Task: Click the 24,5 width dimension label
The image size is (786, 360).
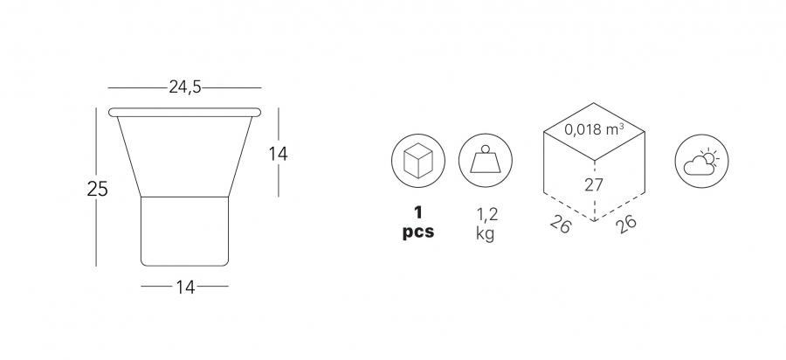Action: click(x=185, y=87)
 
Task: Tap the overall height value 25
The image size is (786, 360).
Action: click(x=97, y=189)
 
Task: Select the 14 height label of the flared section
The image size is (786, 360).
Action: click(x=278, y=154)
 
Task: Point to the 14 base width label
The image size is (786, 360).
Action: click(x=185, y=287)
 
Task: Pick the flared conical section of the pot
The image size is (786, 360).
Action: click(x=184, y=156)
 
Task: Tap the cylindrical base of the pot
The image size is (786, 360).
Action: click(x=184, y=231)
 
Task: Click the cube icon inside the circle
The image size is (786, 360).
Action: click(x=418, y=161)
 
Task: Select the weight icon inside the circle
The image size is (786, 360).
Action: click(x=486, y=159)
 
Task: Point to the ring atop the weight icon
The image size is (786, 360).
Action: click(x=486, y=149)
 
